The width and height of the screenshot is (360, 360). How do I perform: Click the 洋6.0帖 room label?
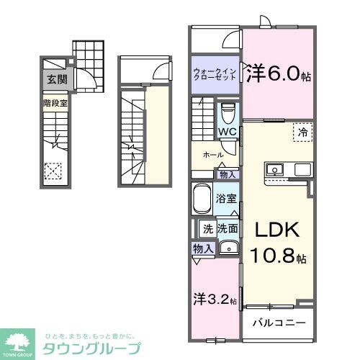(279, 75)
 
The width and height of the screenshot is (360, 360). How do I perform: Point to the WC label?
(228, 132)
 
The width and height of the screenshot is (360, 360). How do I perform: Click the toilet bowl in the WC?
(228, 113)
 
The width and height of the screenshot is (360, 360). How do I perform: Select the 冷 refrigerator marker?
(303, 133)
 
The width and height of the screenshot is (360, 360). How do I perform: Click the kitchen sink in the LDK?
(275, 171)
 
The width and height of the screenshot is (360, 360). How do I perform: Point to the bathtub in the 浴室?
(201, 198)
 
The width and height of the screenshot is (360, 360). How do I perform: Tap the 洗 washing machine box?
(207, 230)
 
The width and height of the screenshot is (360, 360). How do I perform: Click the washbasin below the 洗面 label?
(228, 248)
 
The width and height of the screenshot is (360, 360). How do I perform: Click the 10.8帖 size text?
(276, 256)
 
